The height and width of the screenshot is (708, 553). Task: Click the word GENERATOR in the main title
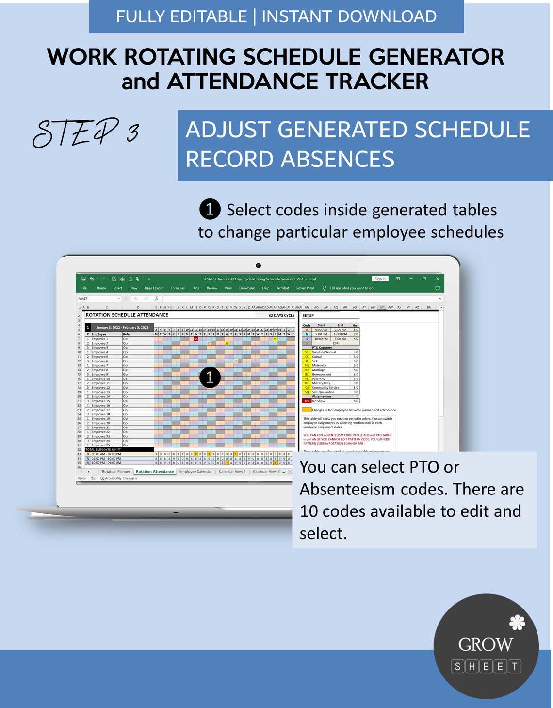tap(436, 57)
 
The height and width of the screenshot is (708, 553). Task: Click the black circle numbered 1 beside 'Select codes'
tap(210, 209)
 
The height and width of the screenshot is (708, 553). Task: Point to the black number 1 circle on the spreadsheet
tap(210, 378)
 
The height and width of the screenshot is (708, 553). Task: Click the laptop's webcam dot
tap(259, 265)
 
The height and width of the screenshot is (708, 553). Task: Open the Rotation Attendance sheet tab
tap(155, 471)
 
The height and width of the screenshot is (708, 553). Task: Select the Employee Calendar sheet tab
tap(195, 471)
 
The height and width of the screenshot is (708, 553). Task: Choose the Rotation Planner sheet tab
tap(116, 471)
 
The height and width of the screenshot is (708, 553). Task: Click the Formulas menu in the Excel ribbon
tap(178, 288)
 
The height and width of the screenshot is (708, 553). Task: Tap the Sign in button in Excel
tap(380, 279)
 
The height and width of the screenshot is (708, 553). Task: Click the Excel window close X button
tap(438, 279)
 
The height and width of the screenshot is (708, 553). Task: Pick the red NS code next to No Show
tap(307, 401)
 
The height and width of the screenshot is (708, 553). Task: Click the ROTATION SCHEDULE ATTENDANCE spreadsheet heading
tap(127, 315)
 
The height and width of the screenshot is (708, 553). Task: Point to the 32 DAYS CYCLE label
tap(281, 315)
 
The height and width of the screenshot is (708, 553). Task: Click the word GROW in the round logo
tap(486, 644)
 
